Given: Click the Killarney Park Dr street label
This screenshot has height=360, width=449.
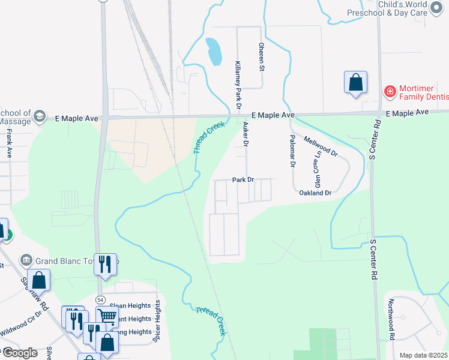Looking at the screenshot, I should tap(238, 85).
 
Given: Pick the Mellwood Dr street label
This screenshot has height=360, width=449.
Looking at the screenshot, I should tap(321, 146).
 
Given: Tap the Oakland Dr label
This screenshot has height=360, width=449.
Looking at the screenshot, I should tap(315, 193).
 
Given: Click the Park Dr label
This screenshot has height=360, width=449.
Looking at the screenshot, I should tap(244, 180).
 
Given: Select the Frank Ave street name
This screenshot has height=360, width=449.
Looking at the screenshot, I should tap(9, 145).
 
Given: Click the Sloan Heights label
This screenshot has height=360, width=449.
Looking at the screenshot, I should tap(130, 305).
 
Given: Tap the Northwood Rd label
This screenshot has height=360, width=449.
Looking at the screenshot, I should tap(391, 320).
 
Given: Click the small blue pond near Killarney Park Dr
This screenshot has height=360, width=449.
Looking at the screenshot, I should tap(212, 52).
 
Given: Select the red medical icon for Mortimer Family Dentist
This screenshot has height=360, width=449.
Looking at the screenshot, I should tap(390, 91).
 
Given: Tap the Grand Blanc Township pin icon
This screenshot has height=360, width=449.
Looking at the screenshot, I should tap(26, 260).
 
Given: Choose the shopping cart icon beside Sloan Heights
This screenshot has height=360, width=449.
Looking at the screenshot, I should tap(107, 316).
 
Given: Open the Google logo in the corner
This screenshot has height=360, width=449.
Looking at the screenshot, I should tap(20, 353).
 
